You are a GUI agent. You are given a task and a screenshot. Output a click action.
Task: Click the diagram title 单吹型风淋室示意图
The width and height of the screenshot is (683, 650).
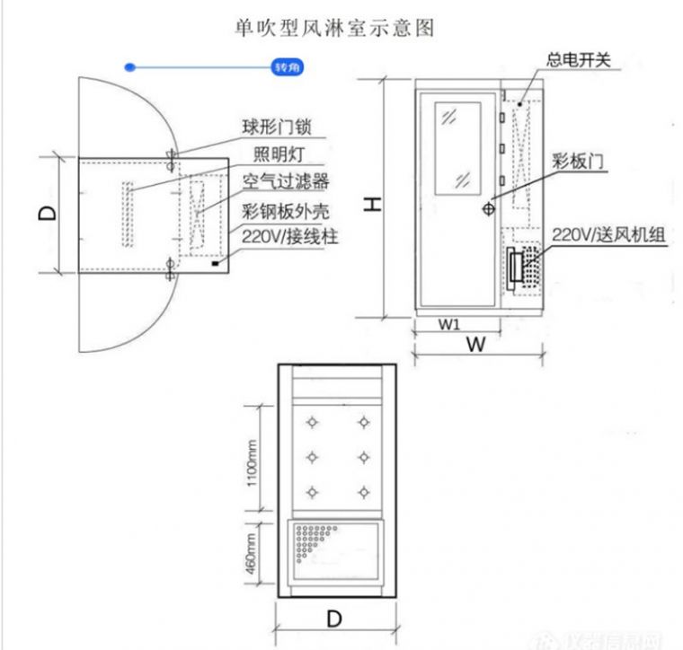point(333,28)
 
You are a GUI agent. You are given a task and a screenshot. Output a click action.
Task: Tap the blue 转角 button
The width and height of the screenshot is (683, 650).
point(284,67)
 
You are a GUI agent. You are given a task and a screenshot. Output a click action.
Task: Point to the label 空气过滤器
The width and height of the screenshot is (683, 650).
point(286,181)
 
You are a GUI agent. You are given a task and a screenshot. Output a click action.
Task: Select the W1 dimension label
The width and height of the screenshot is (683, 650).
point(449,324)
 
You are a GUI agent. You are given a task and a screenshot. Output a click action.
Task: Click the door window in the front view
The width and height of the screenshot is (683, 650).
point(459,146)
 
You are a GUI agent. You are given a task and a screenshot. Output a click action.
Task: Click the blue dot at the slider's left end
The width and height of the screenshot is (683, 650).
point(131,67)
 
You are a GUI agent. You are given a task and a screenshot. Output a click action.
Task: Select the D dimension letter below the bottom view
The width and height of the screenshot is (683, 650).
point(334,619)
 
